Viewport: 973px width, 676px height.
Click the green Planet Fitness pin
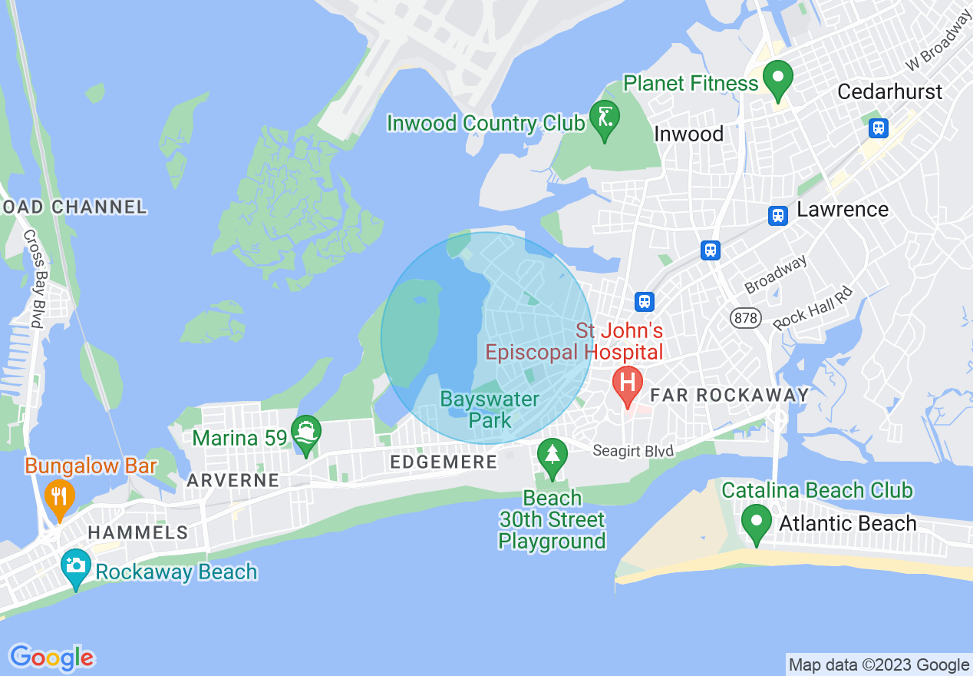point(778,80)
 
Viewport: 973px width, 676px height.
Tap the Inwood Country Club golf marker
point(605,119)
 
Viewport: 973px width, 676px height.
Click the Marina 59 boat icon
point(306,435)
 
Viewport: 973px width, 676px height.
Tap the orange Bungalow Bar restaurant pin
point(59,496)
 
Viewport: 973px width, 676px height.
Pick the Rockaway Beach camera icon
point(75,567)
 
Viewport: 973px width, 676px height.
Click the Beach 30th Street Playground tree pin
point(552,456)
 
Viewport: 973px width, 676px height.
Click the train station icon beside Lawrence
point(778,216)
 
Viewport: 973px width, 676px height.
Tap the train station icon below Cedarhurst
point(879,128)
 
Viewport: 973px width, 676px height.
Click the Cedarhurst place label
point(889,91)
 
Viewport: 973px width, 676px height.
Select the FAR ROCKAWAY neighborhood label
point(729,395)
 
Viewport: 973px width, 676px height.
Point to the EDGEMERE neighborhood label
point(444,462)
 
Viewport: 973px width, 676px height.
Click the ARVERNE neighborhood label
point(233,481)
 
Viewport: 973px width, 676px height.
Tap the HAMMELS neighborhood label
point(137,532)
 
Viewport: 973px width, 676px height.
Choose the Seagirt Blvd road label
point(633,450)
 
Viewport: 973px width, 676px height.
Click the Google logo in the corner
point(51,658)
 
